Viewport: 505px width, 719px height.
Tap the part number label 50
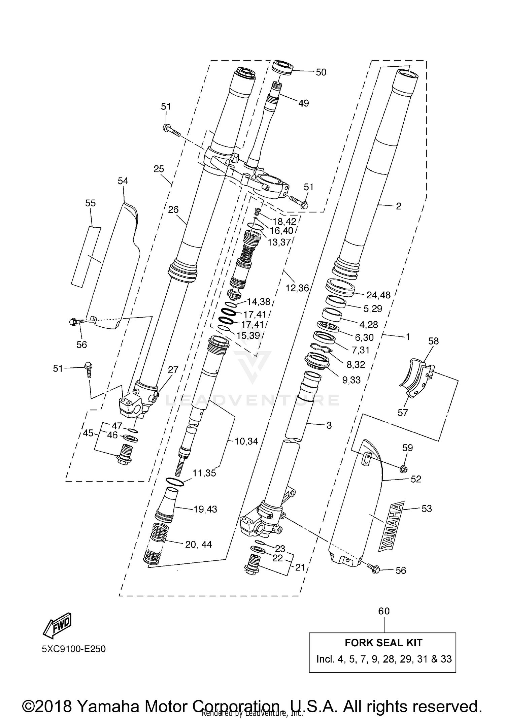tap(321, 72)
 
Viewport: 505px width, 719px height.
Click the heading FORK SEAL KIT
tap(383, 643)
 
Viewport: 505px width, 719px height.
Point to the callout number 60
tap(384, 611)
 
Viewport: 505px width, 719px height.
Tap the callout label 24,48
tap(378, 295)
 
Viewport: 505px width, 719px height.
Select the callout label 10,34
tap(246, 441)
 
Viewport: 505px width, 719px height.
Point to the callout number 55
tap(90, 203)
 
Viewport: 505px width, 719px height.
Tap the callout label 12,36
tap(297, 288)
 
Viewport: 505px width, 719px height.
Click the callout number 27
tap(173, 369)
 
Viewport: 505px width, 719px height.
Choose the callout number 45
tap(88, 433)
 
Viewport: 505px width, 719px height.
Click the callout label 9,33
tap(351, 380)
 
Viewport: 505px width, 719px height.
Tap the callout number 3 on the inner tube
tap(329, 425)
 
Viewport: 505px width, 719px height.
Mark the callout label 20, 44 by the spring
tap(198, 544)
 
